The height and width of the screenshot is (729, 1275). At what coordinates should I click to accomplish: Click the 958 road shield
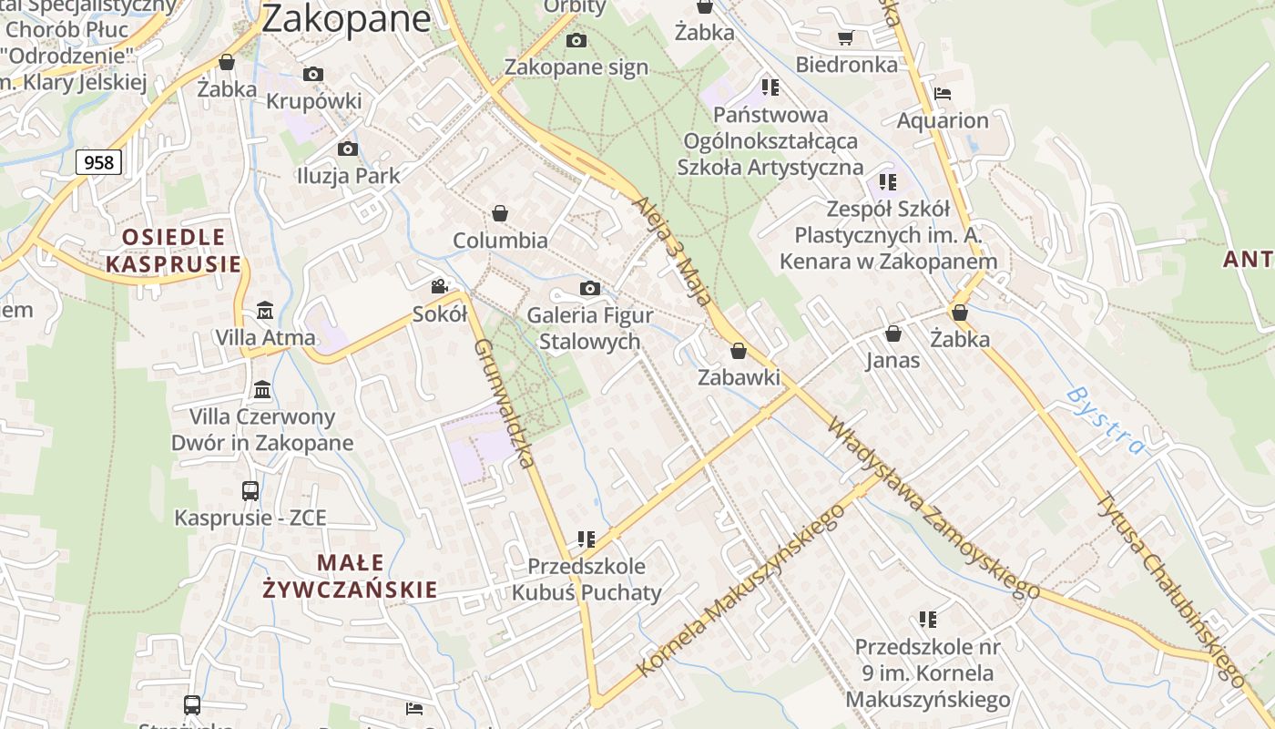(98, 162)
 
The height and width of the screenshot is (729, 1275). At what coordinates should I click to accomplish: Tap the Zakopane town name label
(346, 18)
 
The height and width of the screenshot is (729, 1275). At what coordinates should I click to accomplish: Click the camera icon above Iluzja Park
(347, 149)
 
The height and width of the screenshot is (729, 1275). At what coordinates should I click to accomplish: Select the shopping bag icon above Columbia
(499, 213)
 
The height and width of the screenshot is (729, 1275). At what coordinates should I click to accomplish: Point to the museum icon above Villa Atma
(264, 311)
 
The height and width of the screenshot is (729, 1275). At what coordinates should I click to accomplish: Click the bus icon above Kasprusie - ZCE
(250, 490)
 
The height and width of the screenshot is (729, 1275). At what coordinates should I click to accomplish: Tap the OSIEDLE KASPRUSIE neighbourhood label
(174, 251)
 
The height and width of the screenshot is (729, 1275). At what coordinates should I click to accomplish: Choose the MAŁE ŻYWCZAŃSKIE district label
(350, 576)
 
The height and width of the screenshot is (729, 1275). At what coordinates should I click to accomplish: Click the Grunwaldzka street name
(504, 403)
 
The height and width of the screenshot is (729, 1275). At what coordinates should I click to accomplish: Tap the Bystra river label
(1106, 419)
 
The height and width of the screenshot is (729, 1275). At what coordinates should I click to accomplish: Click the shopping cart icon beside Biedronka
(845, 37)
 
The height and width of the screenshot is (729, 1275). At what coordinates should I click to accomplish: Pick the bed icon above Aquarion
(943, 93)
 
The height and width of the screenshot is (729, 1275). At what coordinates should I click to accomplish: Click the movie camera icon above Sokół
(440, 287)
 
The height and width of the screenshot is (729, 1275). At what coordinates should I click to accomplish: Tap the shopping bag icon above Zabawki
(739, 351)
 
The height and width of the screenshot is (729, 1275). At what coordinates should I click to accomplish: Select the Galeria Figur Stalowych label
(590, 328)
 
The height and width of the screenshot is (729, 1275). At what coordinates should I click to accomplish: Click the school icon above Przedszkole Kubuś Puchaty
(586, 539)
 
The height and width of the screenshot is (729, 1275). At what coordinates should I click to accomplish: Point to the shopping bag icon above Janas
(892, 334)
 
